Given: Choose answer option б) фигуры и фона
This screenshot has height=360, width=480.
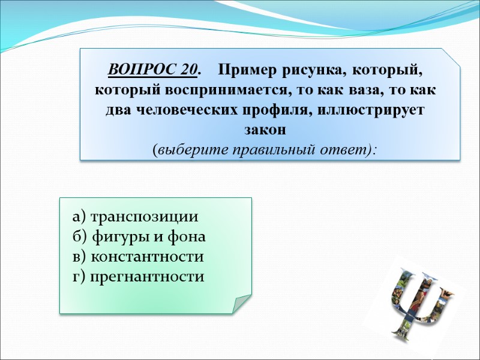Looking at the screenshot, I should point(139,236).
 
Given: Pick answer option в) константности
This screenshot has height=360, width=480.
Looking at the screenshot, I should point(137,257).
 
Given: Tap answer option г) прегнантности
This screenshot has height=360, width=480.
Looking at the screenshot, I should point(138,277).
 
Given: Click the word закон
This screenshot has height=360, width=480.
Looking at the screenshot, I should point(265,130).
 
